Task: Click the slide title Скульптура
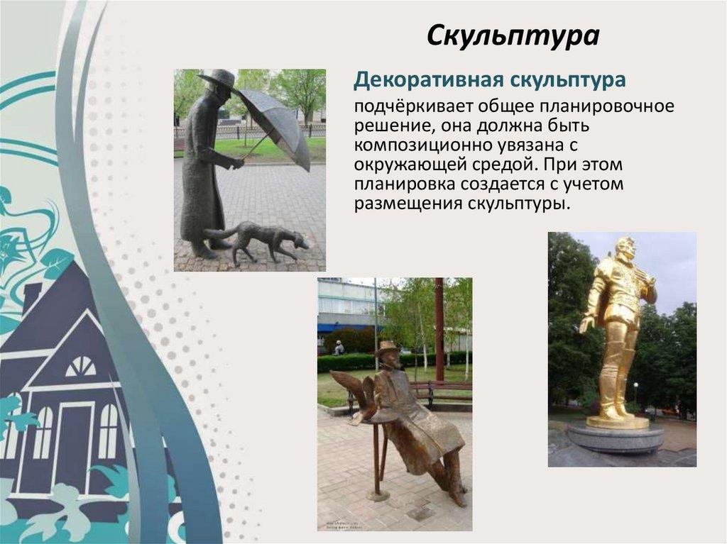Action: pos(513,36)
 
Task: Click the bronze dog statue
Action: pos(258,239)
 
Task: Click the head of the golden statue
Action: pos(624,249)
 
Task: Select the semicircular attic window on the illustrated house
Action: pos(81,366)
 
